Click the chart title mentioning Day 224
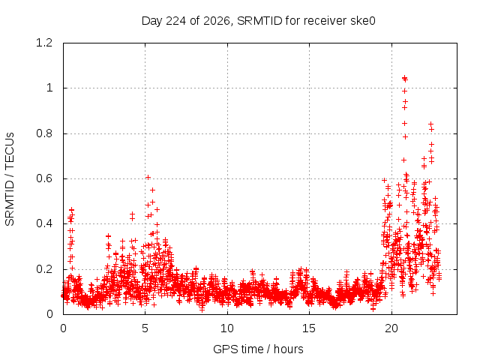pos(258,21)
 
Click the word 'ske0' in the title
pos(364,21)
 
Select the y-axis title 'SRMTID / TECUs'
pos(10,179)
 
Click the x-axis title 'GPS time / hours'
pos(258,349)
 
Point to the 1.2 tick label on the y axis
pos(44,43)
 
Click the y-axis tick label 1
pos(49,88)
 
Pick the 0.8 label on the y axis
pos(44,133)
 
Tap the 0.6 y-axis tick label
pos(44,178)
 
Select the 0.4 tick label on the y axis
pos(44,223)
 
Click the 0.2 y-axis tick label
pos(44,269)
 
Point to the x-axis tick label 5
pos(145,328)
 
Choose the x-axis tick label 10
pos(227,328)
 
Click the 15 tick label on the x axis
pos(309,328)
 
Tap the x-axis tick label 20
pos(391,328)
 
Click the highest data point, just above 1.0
pos(404,77)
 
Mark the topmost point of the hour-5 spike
pos(148,177)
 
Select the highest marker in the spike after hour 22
pos(430,124)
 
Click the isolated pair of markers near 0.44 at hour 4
pos(132,217)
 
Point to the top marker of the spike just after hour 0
pos(72,210)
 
